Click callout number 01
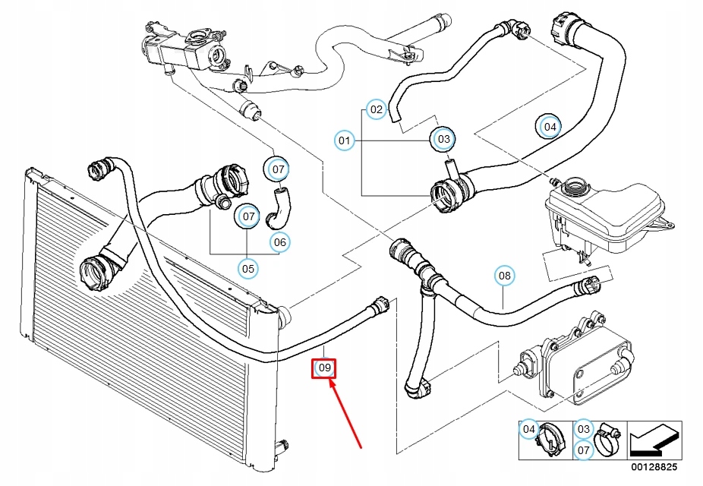click(x=345, y=140)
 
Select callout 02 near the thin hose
click(x=377, y=110)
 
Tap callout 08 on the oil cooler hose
click(x=505, y=275)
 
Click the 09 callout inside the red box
click(x=325, y=369)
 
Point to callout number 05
click(x=248, y=268)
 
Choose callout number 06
click(x=280, y=242)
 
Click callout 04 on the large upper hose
click(x=549, y=126)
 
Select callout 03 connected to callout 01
click(x=443, y=139)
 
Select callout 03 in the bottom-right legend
click(x=582, y=429)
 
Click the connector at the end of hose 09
click(x=378, y=307)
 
